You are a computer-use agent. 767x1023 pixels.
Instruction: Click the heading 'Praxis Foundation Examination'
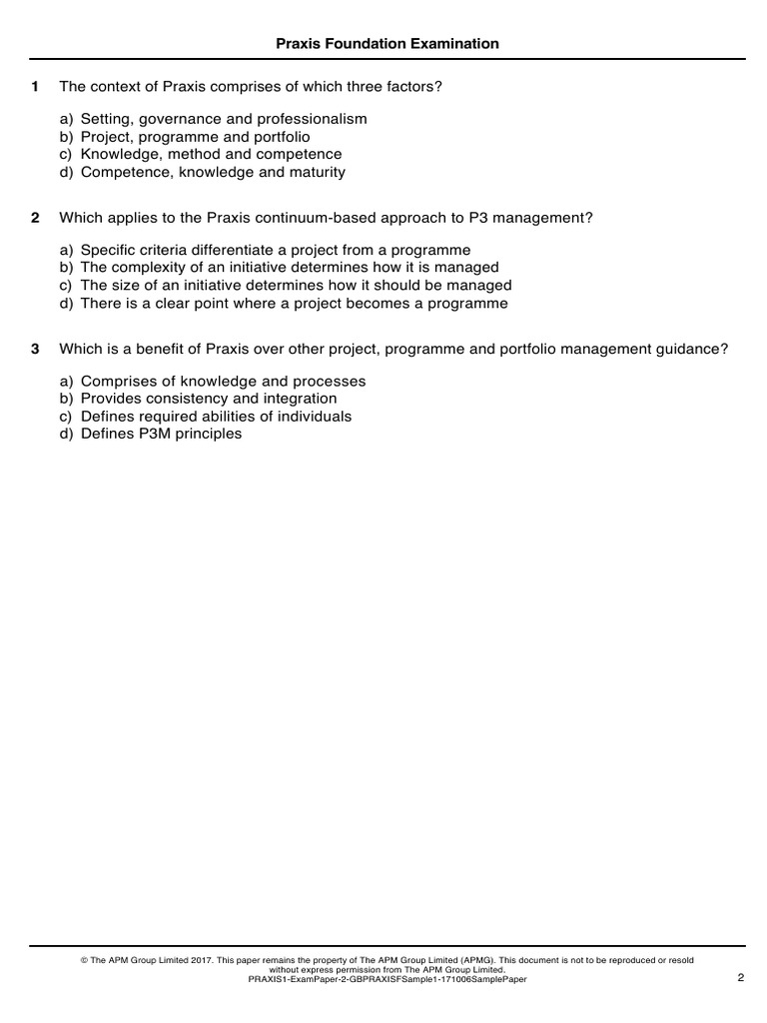[387, 44]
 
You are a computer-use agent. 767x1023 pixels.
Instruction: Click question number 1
[35, 87]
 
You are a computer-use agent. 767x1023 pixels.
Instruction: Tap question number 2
[35, 217]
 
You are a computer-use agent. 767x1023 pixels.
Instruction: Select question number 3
[35, 349]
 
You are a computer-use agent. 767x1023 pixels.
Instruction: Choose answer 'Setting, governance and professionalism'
[224, 119]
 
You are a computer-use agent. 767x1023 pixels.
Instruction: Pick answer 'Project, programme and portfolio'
[195, 137]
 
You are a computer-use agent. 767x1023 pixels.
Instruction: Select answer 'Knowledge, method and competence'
[211, 155]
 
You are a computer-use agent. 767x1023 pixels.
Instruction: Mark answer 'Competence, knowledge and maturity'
[213, 172]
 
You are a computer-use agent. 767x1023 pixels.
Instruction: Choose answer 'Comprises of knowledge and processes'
[223, 382]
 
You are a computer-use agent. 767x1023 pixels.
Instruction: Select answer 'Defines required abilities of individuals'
[216, 417]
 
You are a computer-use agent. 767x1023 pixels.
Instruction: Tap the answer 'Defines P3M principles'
[161, 435]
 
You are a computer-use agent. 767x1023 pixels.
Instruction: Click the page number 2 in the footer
[740, 978]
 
